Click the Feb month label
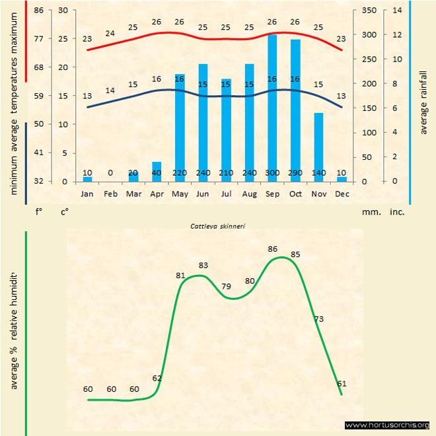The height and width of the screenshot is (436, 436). point(110,194)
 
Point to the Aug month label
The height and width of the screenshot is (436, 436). point(249,194)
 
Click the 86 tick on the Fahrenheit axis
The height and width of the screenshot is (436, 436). point(39,10)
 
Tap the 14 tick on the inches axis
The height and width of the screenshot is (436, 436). point(397,10)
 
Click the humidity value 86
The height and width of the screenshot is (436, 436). point(273,249)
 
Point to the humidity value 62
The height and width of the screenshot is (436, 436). point(157,379)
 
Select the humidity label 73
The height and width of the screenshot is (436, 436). point(319,319)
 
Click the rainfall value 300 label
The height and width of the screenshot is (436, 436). point(272,172)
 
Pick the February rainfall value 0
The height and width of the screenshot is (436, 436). point(110,172)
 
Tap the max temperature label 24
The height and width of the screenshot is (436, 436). point(110,33)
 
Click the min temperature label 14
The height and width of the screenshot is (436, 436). point(110,91)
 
